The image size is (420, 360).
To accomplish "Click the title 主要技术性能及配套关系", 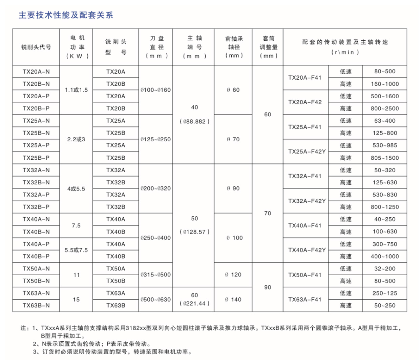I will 66,15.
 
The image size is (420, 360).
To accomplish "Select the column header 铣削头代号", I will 36,47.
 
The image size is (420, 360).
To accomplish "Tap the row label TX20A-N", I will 36,72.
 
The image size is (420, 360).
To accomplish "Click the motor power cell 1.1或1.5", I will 76,90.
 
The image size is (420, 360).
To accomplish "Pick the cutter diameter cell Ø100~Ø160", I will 155,90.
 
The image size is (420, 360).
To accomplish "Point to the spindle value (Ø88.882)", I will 194,121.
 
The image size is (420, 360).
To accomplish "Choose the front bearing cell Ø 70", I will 233,139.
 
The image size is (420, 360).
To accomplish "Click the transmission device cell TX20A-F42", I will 305,102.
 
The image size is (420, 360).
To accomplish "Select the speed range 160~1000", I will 385,84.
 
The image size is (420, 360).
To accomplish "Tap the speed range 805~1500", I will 385,158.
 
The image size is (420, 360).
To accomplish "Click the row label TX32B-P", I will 36,207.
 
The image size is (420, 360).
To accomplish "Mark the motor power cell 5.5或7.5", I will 76,250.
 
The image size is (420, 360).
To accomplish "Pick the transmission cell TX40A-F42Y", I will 307,250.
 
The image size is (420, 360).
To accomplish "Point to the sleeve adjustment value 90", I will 268,287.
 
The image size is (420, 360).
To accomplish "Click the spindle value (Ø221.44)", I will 194,303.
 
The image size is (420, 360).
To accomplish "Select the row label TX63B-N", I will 36,305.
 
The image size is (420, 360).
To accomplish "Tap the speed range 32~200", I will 385,269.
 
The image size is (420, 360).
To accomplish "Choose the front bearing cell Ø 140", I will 233,300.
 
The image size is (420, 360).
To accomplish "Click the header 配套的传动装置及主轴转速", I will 345,42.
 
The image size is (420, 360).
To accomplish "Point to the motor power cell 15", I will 76,300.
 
